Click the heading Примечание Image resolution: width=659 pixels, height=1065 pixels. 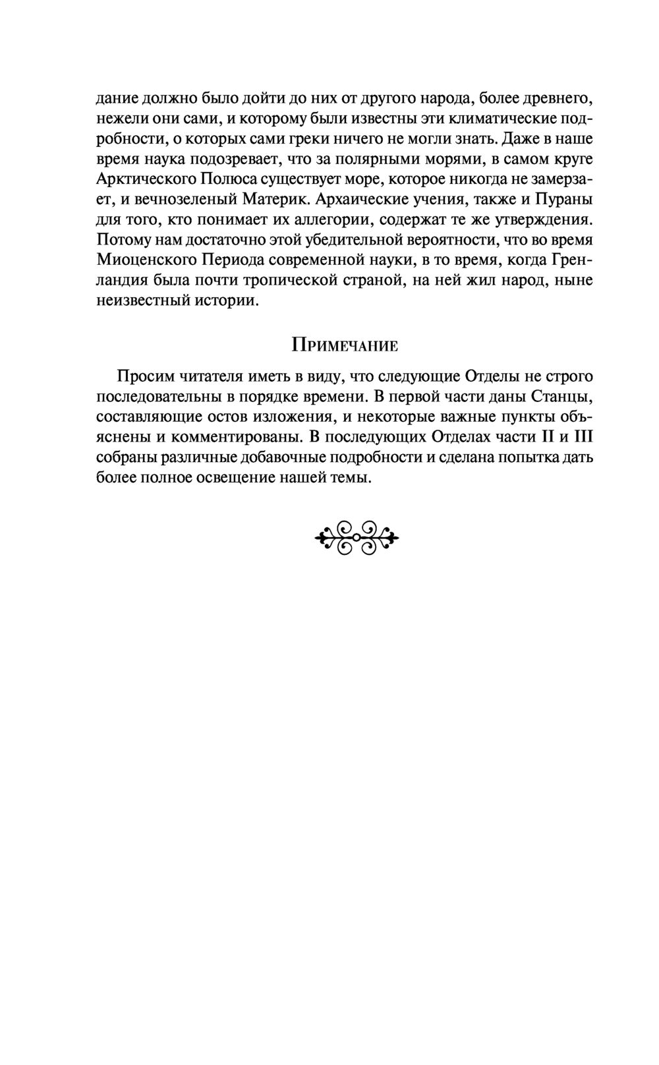(344, 345)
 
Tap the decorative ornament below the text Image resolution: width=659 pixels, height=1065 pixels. (357, 538)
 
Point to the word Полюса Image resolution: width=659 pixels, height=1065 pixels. (226, 179)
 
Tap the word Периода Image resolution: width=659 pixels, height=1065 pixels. (221, 260)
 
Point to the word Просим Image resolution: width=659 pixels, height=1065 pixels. (143, 376)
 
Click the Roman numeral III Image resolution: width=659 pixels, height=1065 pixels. (581, 437)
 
